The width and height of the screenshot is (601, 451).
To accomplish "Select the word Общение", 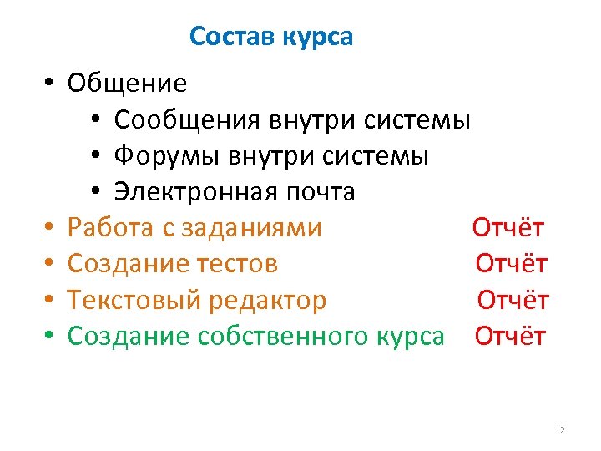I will pyautogui.click(x=127, y=84).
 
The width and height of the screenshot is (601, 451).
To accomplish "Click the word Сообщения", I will pyautogui.click(x=187, y=120).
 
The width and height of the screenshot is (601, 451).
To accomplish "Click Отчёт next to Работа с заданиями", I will pyautogui.click(x=508, y=227).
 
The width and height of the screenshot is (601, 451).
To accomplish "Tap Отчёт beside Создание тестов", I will pyautogui.click(x=511, y=263).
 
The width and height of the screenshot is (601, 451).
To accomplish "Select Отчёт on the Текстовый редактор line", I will pyautogui.click(x=513, y=299).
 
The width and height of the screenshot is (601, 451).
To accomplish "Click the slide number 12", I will pyautogui.click(x=559, y=430).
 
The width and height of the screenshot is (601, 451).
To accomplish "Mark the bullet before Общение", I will pyautogui.click(x=51, y=84).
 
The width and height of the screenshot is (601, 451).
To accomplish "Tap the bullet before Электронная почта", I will pyautogui.click(x=97, y=192).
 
